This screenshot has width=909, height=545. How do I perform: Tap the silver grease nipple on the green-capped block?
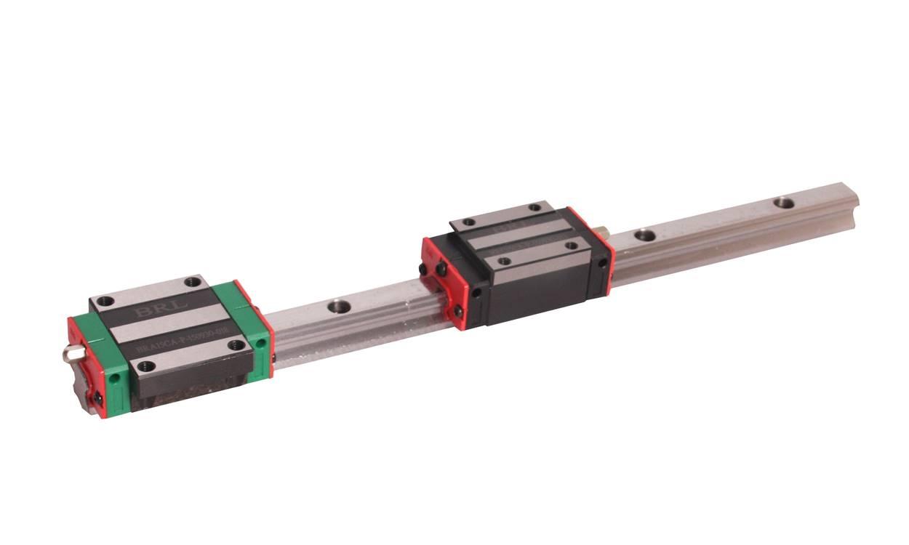(70, 353)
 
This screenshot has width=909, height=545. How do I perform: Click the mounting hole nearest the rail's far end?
(783, 202)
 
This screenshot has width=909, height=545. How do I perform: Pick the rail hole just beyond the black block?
(644, 235)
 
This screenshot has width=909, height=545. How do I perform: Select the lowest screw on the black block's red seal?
(457, 312)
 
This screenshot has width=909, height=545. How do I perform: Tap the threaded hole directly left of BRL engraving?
(106, 300)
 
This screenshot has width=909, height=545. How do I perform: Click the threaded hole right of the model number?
(236, 345)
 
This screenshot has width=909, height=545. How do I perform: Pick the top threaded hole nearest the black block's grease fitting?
(535, 207)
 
